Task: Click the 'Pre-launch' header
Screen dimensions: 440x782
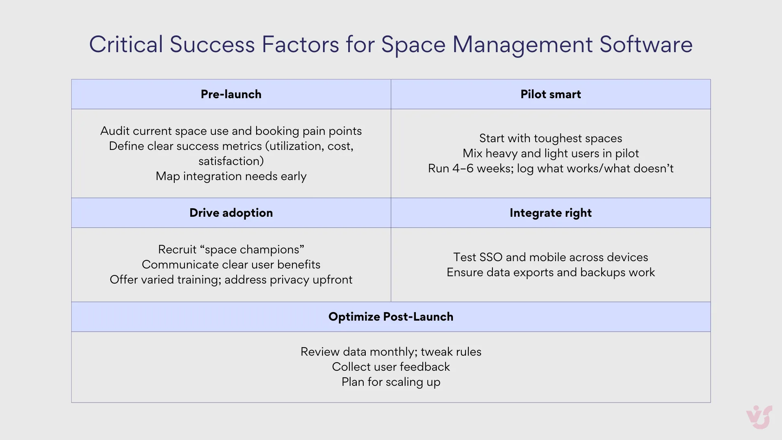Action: pos(231,94)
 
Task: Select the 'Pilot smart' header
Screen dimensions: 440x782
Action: pos(551,94)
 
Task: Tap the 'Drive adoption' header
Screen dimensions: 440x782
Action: pos(231,213)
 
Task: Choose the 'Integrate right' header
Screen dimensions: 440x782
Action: pos(551,213)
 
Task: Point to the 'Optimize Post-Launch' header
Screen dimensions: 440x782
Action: pos(391,317)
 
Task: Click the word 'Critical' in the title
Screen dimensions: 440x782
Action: pos(126,44)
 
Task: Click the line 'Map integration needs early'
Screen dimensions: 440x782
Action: pos(231,176)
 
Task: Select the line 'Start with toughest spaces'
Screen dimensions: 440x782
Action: pos(551,138)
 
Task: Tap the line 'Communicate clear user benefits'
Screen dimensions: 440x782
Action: pos(231,264)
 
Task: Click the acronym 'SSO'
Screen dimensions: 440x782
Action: pos(491,257)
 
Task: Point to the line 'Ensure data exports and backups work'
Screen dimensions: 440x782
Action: pos(551,272)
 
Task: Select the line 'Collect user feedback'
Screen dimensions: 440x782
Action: pos(391,367)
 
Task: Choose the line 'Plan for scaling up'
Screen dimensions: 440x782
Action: pos(391,382)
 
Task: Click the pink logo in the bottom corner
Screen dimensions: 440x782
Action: pos(759,417)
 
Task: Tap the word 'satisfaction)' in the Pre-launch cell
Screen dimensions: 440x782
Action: pos(231,161)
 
